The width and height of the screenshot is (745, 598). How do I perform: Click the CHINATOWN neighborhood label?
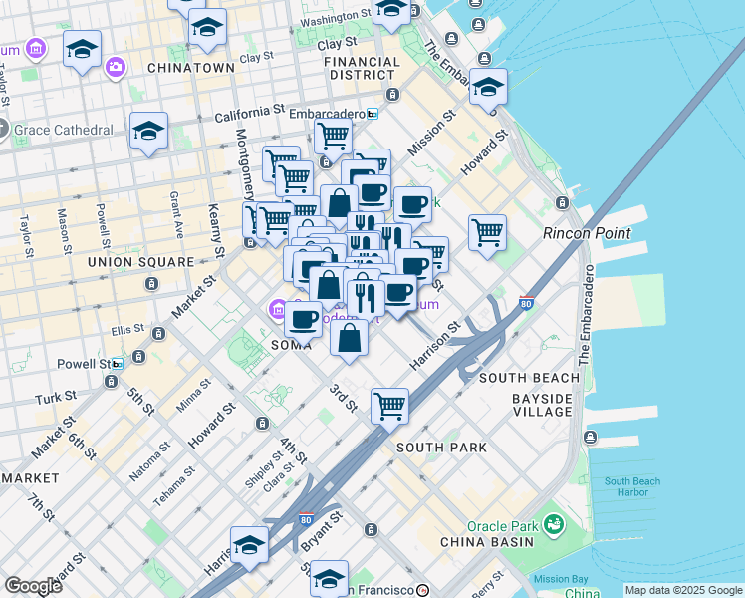point(190,68)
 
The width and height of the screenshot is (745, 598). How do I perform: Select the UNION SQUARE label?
point(140,262)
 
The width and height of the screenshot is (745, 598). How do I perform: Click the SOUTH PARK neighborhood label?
point(441,448)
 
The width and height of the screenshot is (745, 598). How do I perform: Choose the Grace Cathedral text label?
point(64,131)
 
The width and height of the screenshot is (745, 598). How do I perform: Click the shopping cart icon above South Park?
point(389,405)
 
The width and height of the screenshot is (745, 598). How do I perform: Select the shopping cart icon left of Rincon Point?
point(487,232)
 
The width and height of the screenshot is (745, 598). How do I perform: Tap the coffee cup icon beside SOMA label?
point(304,319)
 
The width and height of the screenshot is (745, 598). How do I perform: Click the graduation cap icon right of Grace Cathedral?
point(148,130)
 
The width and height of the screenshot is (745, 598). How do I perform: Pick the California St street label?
point(250,117)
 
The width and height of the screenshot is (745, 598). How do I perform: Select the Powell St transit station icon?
point(118,364)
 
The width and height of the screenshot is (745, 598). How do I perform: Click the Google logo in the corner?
point(33,586)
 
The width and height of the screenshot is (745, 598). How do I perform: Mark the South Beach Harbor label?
point(631,487)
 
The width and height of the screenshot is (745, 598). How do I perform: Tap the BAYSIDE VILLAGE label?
point(542,407)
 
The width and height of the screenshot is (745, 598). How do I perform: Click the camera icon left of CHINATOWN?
point(116,66)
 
